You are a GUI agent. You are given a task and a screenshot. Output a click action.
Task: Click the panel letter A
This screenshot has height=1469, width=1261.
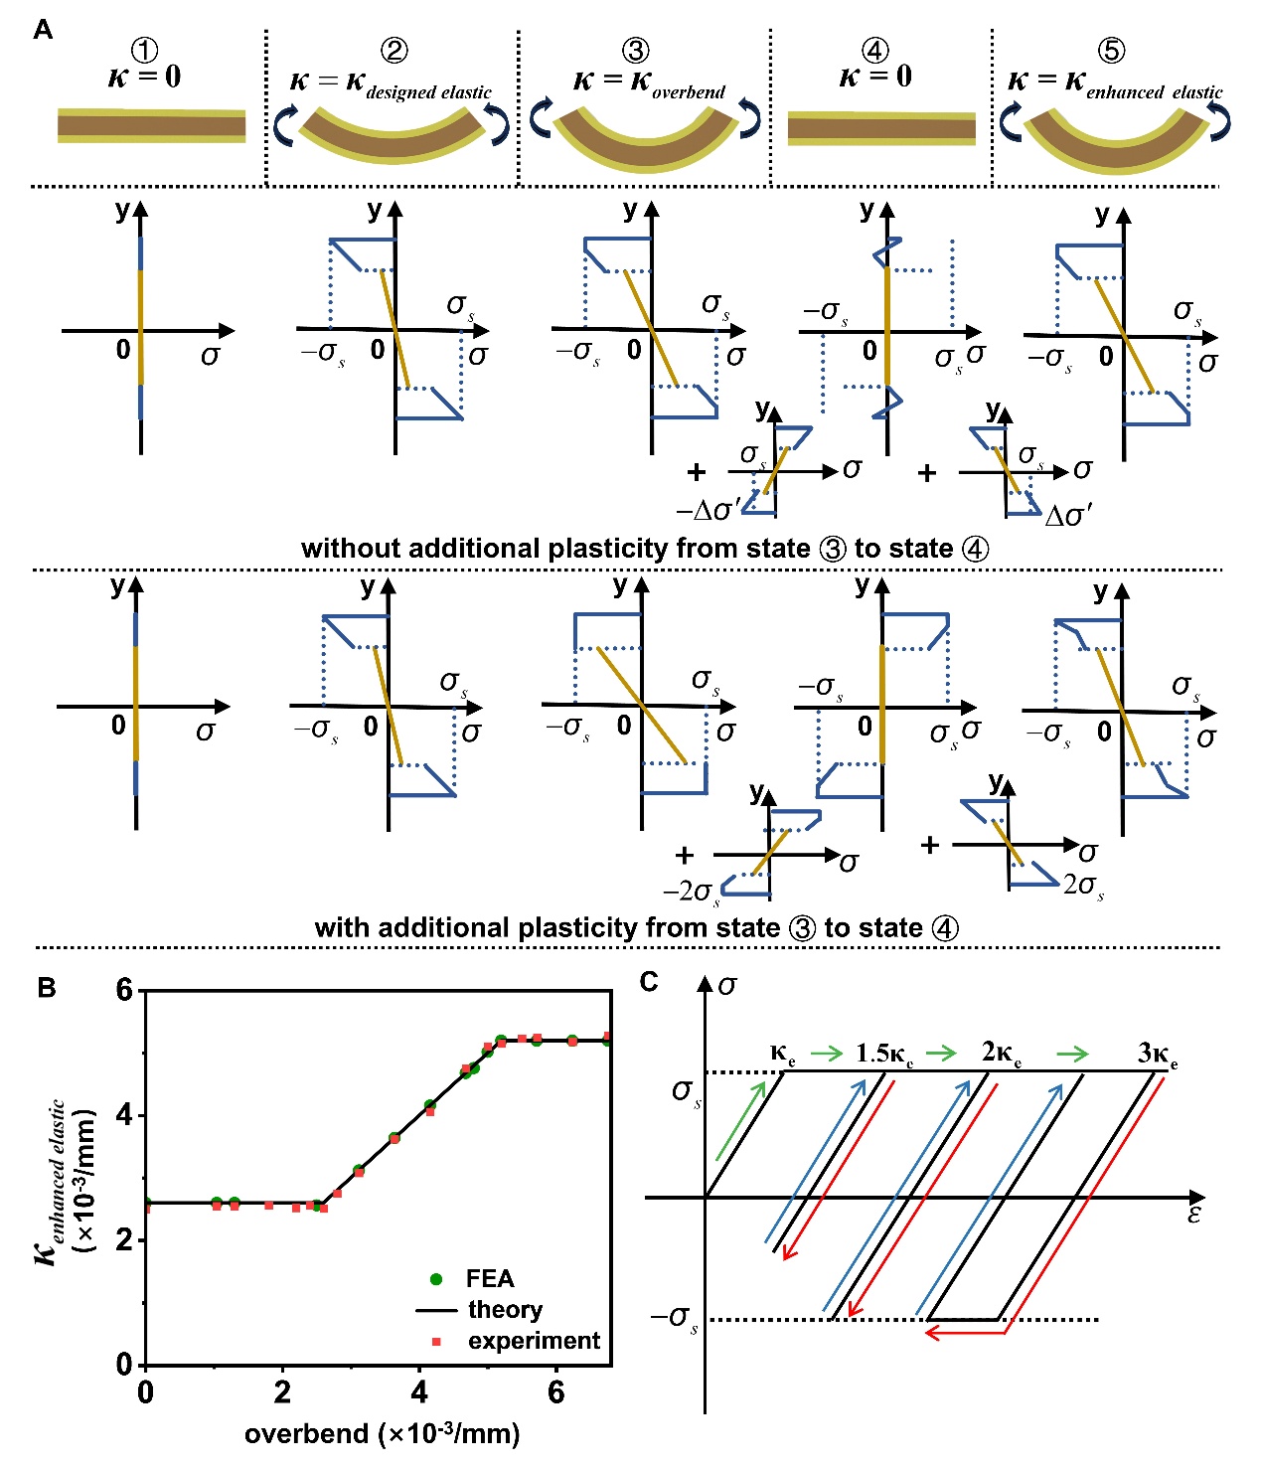(x=43, y=30)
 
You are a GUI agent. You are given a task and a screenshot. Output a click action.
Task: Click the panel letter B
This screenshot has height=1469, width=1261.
(x=46, y=987)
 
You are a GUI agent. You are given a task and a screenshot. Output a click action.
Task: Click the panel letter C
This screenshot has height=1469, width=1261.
(x=649, y=982)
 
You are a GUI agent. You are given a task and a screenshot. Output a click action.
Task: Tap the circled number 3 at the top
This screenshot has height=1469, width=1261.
(x=635, y=51)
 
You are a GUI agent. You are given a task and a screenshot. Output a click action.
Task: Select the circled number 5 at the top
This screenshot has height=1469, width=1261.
(x=1111, y=51)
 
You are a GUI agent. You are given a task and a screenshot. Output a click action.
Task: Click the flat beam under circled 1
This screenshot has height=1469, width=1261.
(x=151, y=126)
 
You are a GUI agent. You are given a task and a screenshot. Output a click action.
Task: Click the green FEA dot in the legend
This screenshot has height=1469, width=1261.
(x=436, y=1279)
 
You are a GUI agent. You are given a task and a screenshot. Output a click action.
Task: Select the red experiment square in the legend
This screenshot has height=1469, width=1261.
(x=436, y=1342)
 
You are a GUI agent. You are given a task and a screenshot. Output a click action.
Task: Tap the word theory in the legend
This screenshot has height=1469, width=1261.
(x=505, y=1310)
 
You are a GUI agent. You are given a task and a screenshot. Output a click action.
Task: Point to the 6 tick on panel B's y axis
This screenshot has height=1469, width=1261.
(x=124, y=990)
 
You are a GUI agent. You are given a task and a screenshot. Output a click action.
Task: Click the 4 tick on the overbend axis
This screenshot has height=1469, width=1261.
(x=419, y=1392)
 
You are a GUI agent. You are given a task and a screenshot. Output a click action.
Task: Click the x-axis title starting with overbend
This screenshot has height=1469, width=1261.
(x=382, y=1433)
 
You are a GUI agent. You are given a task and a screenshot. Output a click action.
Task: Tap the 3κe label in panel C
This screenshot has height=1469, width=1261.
(x=1157, y=1054)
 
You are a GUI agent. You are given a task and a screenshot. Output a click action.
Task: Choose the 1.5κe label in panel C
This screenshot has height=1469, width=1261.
(x=883, y=1054)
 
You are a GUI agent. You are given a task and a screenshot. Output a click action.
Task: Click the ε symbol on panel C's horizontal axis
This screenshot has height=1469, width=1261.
(x=1193, y=1215)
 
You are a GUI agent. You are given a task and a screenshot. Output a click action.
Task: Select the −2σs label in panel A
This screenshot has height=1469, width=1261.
(x=692, y=892)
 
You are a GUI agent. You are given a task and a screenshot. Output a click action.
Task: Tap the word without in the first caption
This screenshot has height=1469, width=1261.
(x=351, y=549)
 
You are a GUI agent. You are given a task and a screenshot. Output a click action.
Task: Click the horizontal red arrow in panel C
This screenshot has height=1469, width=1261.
(x=965, y=1332)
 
